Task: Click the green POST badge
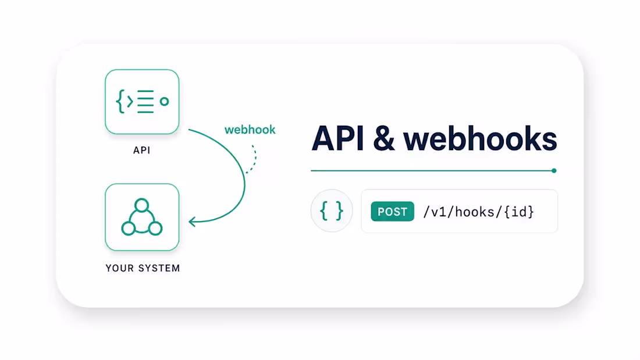point(392,212)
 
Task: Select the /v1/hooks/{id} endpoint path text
point(478,212)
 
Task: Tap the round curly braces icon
point(332,211)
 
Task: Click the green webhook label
point(250,130)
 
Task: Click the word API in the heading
point(337,139)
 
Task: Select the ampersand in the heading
point(383,139)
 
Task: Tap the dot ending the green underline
point(554,170)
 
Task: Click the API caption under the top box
point(141,150)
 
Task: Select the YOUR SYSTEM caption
point(143,268)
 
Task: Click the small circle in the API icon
point(164,102)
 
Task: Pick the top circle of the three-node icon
point(141,205)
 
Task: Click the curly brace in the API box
point(120,101)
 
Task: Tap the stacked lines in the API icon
point(145,101)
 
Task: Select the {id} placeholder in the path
point(519,212)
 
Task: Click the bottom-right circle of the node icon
point(155,229)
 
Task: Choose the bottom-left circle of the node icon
point(128,229)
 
